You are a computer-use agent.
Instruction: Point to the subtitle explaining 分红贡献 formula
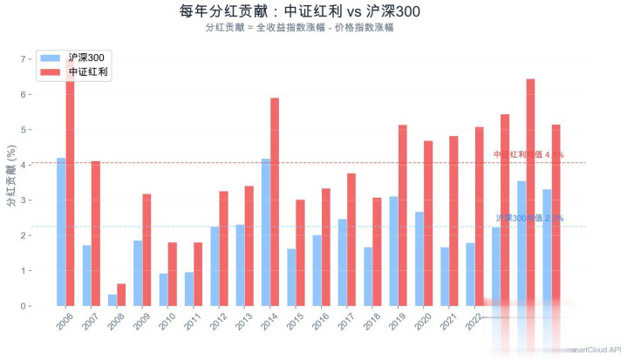[x=313, y=28]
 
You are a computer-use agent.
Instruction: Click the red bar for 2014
[x=275, y=201]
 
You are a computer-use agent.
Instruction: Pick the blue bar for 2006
[x=61, y=232]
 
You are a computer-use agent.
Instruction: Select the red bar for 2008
[x=121, y=295]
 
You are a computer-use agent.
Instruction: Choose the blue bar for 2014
[x=266, y=232]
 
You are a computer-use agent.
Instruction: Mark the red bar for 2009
[x=147, y=249]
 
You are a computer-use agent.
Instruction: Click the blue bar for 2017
[x=343, y=262]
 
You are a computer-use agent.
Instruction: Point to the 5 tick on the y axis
[x=24, y=130]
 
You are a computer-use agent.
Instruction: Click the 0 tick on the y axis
[x=24, y=306]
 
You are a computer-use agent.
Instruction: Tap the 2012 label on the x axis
[x=216, y=324]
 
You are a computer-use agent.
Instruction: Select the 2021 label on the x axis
[x=446, y=324]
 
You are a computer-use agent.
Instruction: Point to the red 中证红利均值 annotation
[x=528, y=154]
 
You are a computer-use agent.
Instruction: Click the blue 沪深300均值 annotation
[x=529, y=218]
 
